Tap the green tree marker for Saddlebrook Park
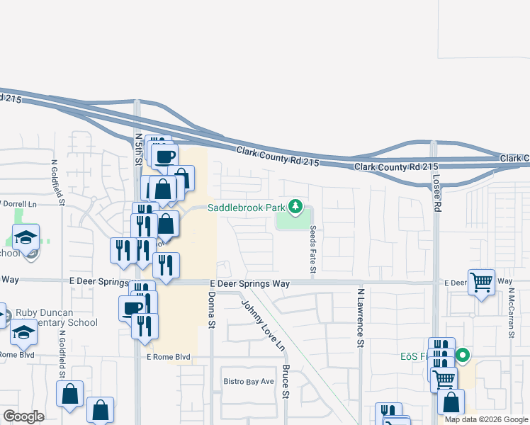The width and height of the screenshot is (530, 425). (296, 208)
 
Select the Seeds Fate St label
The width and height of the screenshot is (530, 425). (312, 251)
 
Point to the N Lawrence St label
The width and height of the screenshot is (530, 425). (361, 317)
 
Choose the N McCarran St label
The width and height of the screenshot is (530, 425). (510, 312)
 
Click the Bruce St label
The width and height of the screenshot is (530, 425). (286, 380)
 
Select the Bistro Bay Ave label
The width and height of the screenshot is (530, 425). (248, 381)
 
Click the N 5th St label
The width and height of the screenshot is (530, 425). (139, 150)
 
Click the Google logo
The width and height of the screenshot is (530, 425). (24, 416)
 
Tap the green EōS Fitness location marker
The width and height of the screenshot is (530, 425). (463, 356)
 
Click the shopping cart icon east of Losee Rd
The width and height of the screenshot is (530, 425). (481, 283)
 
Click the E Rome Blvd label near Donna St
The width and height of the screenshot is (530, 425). (169, 357)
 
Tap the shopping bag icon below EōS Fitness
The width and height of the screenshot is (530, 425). (451, 403)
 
